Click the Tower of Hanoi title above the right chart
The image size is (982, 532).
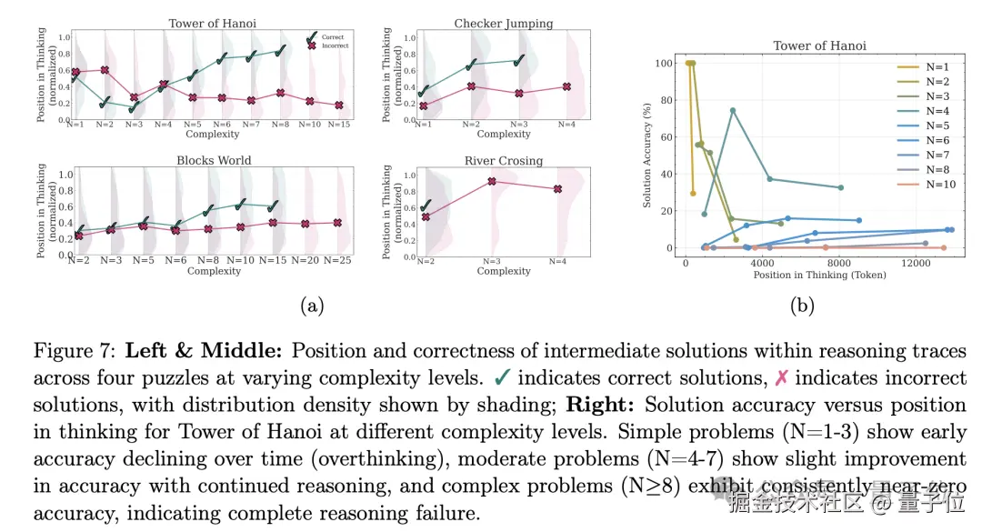click(819, 45)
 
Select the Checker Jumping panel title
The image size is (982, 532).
click(503, 24)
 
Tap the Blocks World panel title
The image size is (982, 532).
click(214, 160)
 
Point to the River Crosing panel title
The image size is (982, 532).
click(503, 161)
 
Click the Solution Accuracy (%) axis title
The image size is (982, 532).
click(647, 156)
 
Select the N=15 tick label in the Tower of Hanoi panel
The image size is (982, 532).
click(338, 124)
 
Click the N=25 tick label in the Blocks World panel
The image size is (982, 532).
click(338, 260)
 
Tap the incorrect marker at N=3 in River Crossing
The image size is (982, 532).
click(492, 181)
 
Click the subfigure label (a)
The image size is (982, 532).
click(312, 306)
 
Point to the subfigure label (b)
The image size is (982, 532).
click(801, 306)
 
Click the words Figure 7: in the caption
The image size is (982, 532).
click(73, 351)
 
